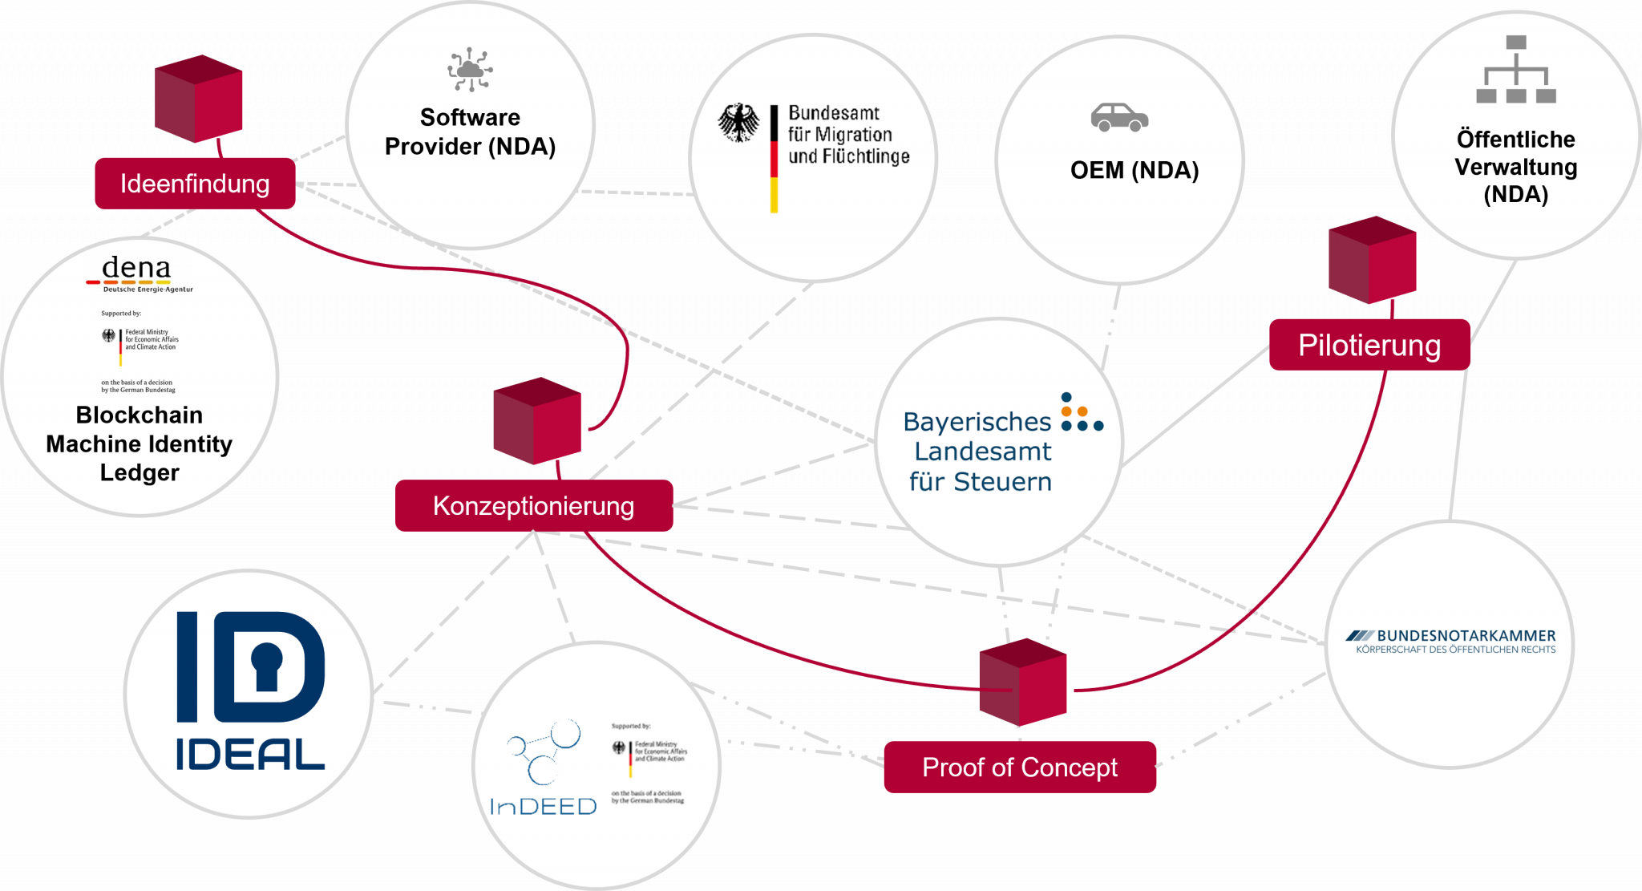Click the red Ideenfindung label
coord(195,184)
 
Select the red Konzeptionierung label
coord(533,506)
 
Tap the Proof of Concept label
coord(1019,767)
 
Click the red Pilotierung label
coord(1369,346)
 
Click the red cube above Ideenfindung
coord(199,99)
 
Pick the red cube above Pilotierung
coord(1372,260)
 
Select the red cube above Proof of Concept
coord(1022,682)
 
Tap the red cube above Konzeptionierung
coord(536,421)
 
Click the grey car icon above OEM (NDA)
coord(1119,118)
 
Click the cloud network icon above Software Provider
coord(470,70)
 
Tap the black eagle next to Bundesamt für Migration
coord(738,123)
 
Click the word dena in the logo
coord(136,268)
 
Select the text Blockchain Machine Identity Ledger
coord(140,443)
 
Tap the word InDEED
coord(543,807)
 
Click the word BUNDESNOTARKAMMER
coord(1466,636)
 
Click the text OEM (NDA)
coord(1134,171)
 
